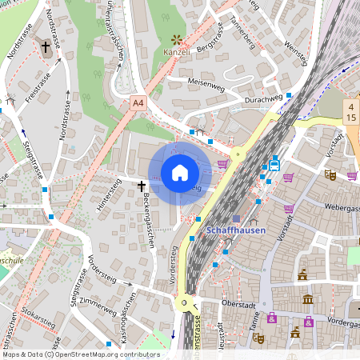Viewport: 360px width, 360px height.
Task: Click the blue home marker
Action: pos(180,172)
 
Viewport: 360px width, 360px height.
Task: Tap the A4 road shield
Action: pos(138,103)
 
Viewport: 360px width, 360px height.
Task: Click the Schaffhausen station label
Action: pos(241,230)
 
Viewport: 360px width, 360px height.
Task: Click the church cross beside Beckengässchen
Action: pos(142,186)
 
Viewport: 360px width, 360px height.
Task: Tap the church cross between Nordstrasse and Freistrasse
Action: pos(46,48)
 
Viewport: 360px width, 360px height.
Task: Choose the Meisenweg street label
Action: pos(206,82)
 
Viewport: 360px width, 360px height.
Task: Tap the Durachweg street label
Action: pos(264,100)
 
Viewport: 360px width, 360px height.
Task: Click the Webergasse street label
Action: pos(342,207)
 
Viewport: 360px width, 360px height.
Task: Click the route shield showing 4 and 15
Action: pos(350,111)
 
